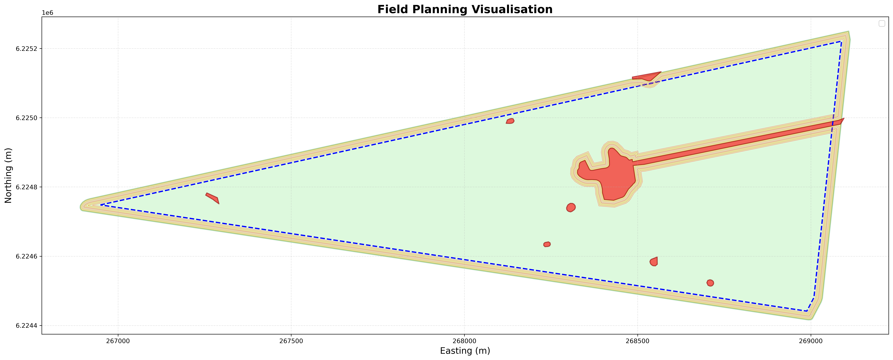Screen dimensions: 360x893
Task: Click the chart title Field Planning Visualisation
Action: pos(465,9)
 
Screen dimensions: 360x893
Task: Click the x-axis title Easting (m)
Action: pos(465,351)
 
